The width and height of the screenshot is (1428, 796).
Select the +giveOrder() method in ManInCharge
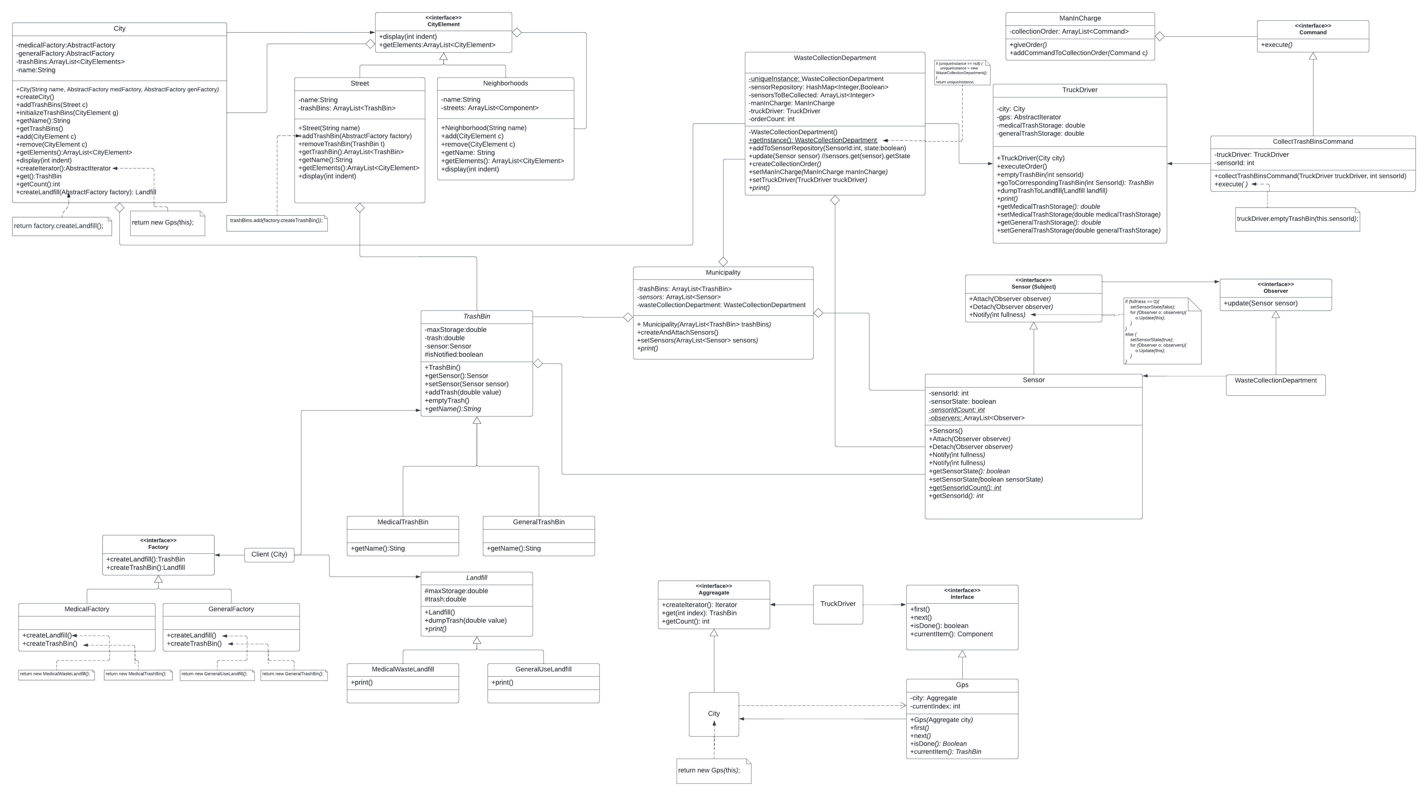pyautogui.click(x=1028, y=45)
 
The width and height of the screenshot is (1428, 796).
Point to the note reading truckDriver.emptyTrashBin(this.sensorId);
pyautogui.click(x=1297, y=219)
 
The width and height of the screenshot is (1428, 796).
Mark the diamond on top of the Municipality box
pyautogui.click(x=723, y=262)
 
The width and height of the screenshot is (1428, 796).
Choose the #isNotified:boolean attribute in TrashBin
pyautogui.click(x=454, y=355)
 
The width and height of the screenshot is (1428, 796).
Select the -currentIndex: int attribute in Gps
pyautogui.click(x=935, y=706)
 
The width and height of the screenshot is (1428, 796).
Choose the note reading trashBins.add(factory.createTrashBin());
pyautogui.click(x=276, y=221)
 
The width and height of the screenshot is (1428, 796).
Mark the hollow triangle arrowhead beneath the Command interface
pyautogui.click(x=1313, y=56)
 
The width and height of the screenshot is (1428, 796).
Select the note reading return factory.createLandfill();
pyautogui.click(x=59, y=226)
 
